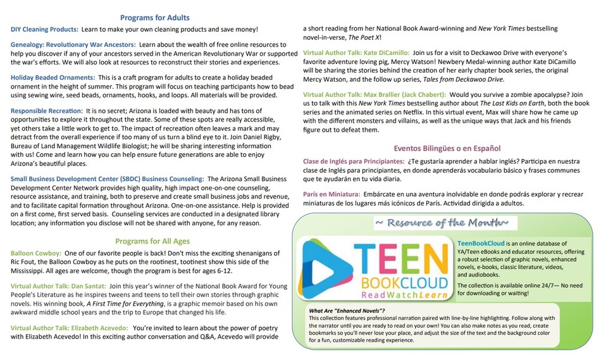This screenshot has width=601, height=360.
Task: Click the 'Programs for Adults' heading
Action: coord(154,18)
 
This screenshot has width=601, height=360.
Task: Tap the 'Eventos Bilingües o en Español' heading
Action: coord(447,148)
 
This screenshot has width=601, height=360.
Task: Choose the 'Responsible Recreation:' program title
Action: coord(46,111)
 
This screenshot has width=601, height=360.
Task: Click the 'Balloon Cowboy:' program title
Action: coord(35,253)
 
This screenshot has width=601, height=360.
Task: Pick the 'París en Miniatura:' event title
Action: coord(331,194)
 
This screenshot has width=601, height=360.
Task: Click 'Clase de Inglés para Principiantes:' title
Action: coord(354,161)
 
